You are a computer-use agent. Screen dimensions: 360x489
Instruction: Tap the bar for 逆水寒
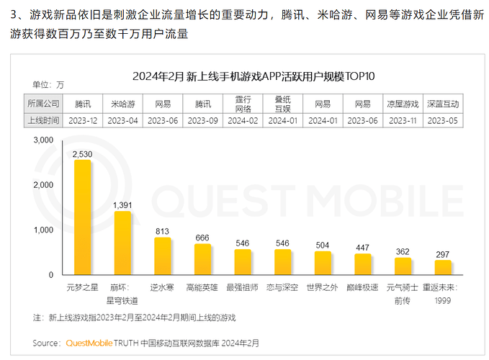tap(163, 256)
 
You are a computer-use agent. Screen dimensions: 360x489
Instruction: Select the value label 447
tap(363, 248)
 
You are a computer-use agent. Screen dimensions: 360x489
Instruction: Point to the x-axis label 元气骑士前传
tap(403, 292)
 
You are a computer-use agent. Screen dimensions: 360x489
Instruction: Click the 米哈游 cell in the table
tap(123, 104)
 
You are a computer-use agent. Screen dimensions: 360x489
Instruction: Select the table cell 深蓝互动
tap(442, 104)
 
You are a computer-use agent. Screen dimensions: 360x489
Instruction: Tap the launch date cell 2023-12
tap(83, 121)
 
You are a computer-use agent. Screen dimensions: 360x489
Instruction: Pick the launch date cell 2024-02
tap(243, 121)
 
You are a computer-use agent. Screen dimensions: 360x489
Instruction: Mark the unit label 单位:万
tap(48, 85)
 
